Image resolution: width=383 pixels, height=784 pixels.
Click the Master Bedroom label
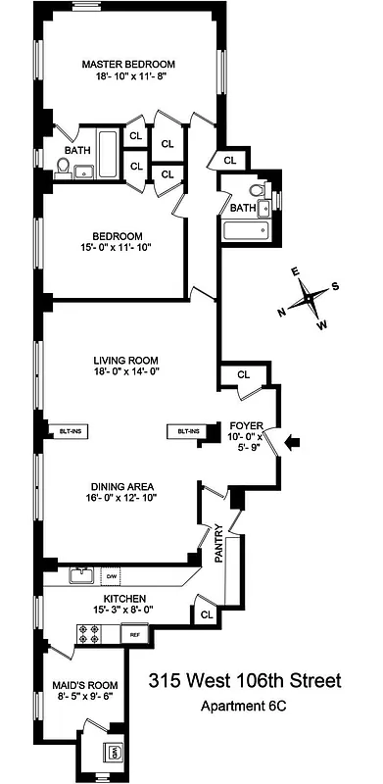pyautogui.click(x=127, y=68)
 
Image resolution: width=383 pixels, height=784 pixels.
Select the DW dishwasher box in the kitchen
pyautogui.click(x=113, y=575)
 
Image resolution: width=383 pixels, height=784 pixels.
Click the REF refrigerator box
pyautogui.click(x=134, y=635)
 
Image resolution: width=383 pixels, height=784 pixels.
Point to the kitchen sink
pyautogui.click(x=78, y=576)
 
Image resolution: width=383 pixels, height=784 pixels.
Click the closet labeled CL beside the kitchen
pyautogui.click(x=207, y=613)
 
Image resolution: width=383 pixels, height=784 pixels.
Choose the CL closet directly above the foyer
pyautogui.click(x=243, y=373)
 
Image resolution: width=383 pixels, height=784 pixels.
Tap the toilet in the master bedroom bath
pyautogui.click(x=62, y=170)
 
